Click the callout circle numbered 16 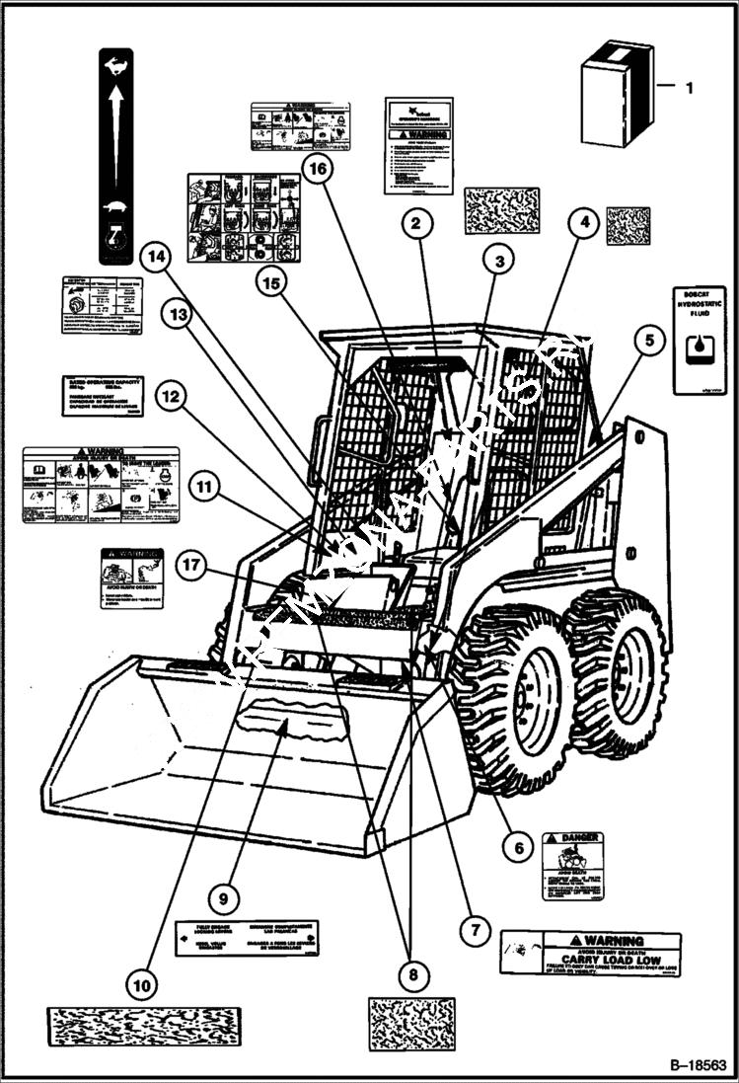click(x=316, y=170)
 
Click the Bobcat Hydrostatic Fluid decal click(x=699, y=340)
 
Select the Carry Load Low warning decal click(x=590, y=953)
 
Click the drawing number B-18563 click(x=697, y=1066)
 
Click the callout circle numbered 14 click(x=153, y=259)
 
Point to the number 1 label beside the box click(x=689, y=88)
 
